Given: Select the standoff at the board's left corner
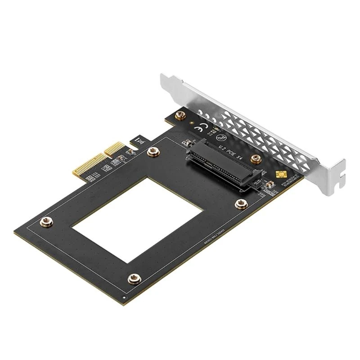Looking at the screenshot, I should point(45,221).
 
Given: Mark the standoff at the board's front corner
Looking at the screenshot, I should point(133,279).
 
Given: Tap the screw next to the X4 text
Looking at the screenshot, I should point(256,158).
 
